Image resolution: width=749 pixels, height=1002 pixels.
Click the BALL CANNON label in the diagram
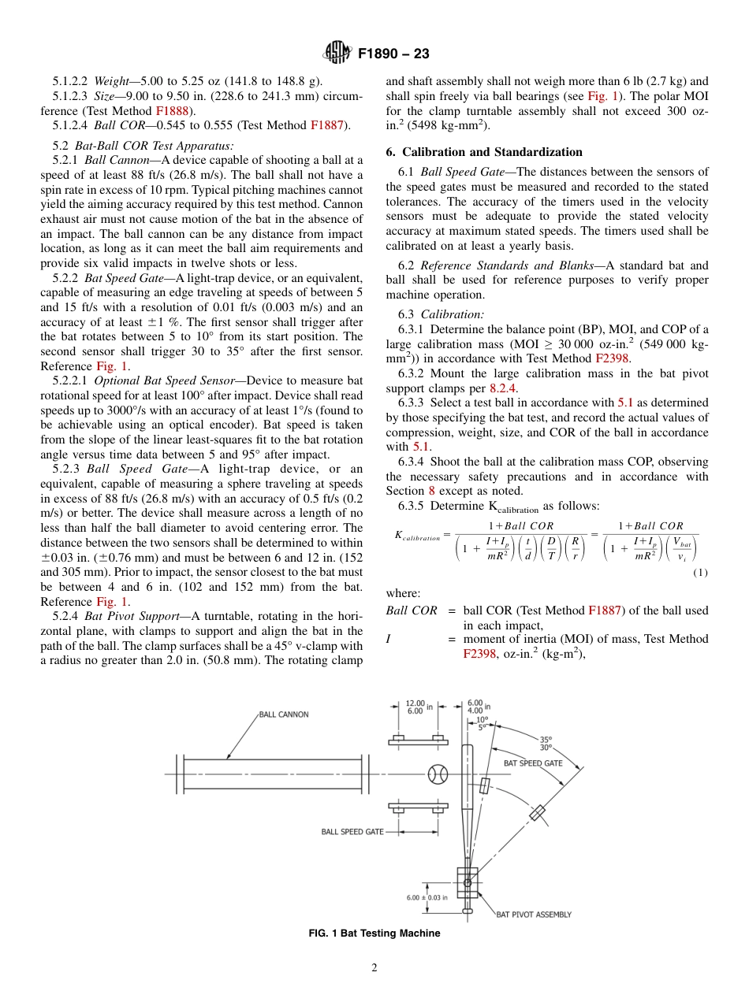click(284, 714)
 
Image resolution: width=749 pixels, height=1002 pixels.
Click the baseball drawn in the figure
click(438, 774)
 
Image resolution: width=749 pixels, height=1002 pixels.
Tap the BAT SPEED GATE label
click(533, 763)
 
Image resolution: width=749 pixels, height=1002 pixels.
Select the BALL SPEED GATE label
click(352, 831)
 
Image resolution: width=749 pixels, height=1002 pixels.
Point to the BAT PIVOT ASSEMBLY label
click(533, 915)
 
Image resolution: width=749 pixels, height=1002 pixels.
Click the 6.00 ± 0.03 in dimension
click(427, 896)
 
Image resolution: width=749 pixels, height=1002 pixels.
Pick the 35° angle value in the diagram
click(546, 739)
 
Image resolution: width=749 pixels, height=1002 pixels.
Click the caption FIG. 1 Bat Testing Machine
click(374, 933)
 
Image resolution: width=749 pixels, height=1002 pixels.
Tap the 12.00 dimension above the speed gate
click(415, 703)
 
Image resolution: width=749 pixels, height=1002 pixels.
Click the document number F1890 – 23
click(393, 54)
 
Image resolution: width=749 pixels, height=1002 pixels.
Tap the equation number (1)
click(700, 573)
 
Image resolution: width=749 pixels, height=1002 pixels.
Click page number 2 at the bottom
click(374, 968)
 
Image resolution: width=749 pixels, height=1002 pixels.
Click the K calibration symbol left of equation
click(416, 536)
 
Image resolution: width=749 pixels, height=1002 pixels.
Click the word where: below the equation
click(403, 593)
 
